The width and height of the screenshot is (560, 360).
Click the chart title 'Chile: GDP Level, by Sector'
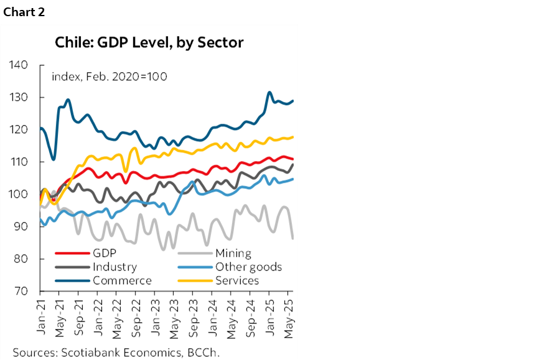coord(149,43)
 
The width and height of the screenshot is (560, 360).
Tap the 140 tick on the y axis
coord(19,65)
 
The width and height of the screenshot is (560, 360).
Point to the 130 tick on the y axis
coord(19,98)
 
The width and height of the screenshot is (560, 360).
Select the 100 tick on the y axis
coord(19,195)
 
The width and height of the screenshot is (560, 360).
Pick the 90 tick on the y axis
coord(19,227)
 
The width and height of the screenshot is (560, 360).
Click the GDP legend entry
coord(104,253)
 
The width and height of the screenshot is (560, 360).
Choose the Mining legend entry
coord(233,253)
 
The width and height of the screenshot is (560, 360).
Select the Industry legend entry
coord(114,267)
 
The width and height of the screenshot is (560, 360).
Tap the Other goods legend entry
coord(248,267)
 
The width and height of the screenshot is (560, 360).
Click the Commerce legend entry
coord(122,280)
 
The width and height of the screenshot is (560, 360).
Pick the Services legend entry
coord(236,280)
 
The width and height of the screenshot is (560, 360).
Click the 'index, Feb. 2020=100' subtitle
coord(109,76)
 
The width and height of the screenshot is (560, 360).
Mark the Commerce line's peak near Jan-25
coord(269,92)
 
